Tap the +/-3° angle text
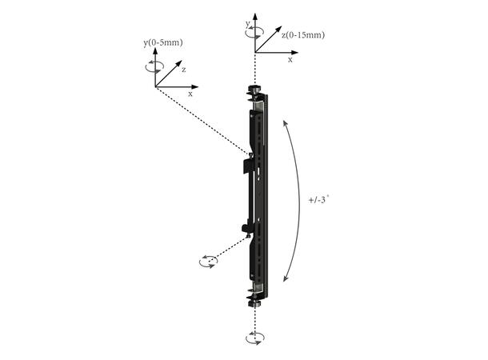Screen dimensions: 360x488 pyautogui.click(x=318, y=199)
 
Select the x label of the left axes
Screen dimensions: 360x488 pyautogui.click(x=190, y=94)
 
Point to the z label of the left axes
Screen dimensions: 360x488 pyautogui.click(x=183, y=70)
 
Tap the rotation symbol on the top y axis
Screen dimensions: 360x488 pyautogui.click(x=255, y=30)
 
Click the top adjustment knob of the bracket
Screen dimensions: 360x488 pyautogui.click(x=255, y=90)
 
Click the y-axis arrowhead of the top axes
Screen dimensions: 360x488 pyautogui.click(x=255, y=15)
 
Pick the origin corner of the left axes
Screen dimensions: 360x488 pyautogui.click(x=155, y=86)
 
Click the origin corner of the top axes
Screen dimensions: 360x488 pyautogui.click(x=255, y=52)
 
